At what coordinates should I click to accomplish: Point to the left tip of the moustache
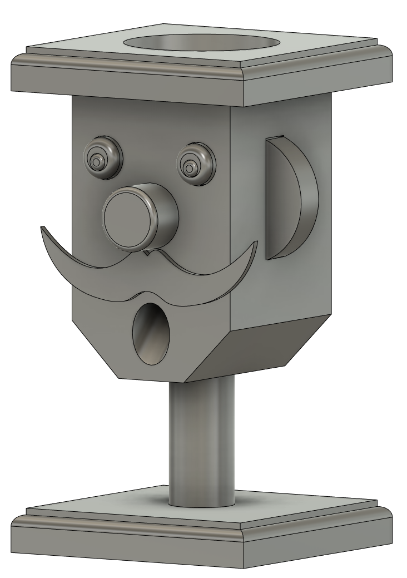42,228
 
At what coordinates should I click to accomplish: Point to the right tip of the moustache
256,243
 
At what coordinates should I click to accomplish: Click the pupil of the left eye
98,161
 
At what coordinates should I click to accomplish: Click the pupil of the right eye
190,166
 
